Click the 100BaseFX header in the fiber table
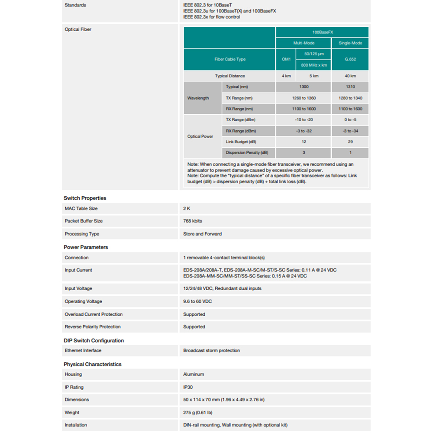pos(322,32)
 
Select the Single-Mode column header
pos(350,43)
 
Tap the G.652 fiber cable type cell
pos(350,59)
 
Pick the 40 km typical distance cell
pos(350,76)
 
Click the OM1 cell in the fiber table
pos(286,59)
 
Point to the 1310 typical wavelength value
pos(350,87)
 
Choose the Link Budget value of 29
pos(350,142)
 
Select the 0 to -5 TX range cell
pos(350,120)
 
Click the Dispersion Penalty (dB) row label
pos(247,153)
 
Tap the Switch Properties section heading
pos(85,198)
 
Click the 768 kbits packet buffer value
pos(193,221)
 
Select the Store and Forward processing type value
pos(202,234)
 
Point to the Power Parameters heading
pos(86,247)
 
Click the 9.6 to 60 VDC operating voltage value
pos(197,301)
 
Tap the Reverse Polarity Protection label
pos(93,327)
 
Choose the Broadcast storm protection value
pos(211,350)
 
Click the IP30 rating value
pos(188,387)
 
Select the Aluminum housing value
pos(194,374)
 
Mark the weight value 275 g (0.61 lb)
pos(198,413)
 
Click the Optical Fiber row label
pos(78,29)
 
